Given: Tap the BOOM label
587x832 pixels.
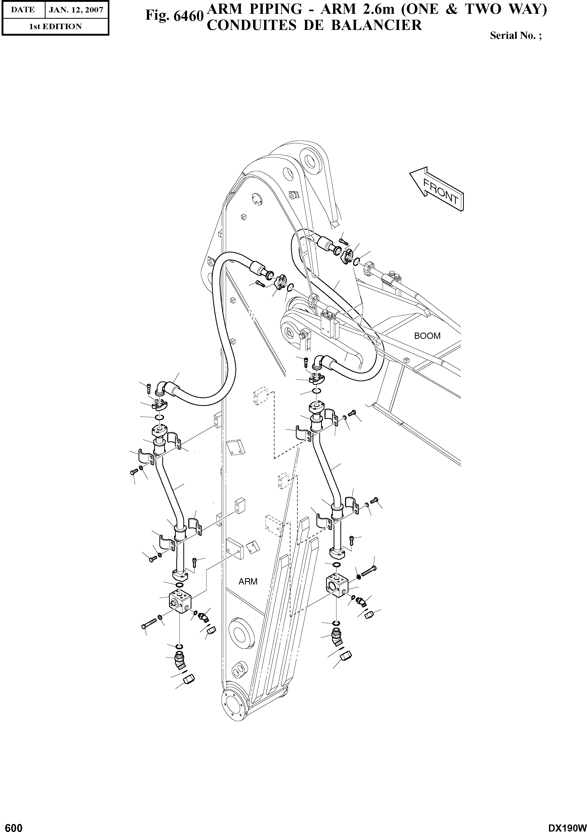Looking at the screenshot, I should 427,336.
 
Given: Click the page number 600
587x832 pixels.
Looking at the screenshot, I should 12,825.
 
